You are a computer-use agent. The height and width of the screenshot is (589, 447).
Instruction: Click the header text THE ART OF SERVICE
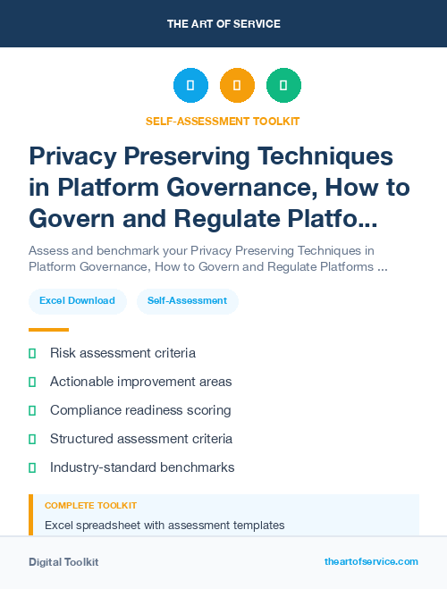[223, 24]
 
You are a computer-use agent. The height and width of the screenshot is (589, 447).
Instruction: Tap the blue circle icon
[190, 86]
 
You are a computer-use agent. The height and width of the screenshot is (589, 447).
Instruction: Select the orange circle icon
[237, 86]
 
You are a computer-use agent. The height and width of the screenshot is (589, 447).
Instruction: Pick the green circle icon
[283, 86]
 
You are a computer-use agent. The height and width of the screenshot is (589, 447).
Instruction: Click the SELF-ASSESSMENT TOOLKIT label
[223, 121]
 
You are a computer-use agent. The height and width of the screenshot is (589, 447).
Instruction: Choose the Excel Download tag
[77, 301]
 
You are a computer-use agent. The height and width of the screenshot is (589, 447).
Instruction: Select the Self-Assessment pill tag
[188, 301]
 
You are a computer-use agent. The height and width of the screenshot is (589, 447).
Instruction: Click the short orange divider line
[48, 330]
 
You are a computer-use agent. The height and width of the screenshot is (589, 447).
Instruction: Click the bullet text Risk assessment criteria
[122, 353]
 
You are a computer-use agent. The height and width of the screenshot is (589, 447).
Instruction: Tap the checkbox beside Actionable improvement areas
[32, 382]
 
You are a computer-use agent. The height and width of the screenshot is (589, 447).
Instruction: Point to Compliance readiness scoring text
[140, 410]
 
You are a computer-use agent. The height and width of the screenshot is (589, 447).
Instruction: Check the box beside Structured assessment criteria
[32, 439]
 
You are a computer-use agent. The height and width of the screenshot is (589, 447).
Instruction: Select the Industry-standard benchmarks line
[142, 467]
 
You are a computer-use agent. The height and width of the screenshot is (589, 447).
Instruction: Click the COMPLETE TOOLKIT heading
[90, 506]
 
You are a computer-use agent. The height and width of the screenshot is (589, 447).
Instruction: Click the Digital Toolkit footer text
[63, 562]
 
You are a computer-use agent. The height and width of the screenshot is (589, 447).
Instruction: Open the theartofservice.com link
[371, 561]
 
